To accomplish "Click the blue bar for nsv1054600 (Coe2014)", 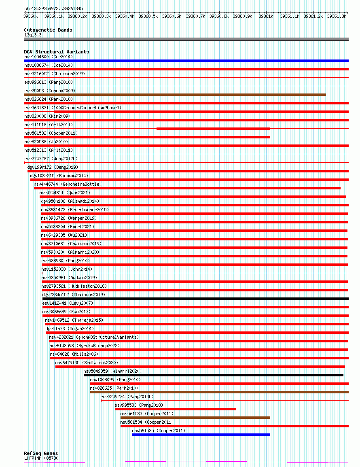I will (x=186, y=61).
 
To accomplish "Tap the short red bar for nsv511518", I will (x=213, y=129).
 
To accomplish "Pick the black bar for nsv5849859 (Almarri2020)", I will (x=214, y=375).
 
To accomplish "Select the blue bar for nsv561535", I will (x=201, y=435).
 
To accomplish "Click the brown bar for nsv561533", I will (x=195, y=418).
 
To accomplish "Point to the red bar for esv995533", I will (x=175, y=409).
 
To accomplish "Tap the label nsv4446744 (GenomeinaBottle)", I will (x=68, y=184).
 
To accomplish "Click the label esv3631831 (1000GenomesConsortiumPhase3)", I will (x=73, y=108).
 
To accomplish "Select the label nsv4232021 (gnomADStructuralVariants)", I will (x=94, y=337).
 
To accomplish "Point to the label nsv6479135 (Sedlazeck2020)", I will (x=87, y=363).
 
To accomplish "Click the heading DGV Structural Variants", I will (x=56, y=52).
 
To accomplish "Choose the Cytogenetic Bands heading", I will (x=48, y=30).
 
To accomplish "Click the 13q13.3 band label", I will (x=33, y=35).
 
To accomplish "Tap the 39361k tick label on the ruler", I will (x=266, y=16).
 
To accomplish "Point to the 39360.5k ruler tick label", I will (x=148, y=16).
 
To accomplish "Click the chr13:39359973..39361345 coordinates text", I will (x=53, y=8).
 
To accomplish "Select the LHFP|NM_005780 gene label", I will (x=41, y=458).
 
